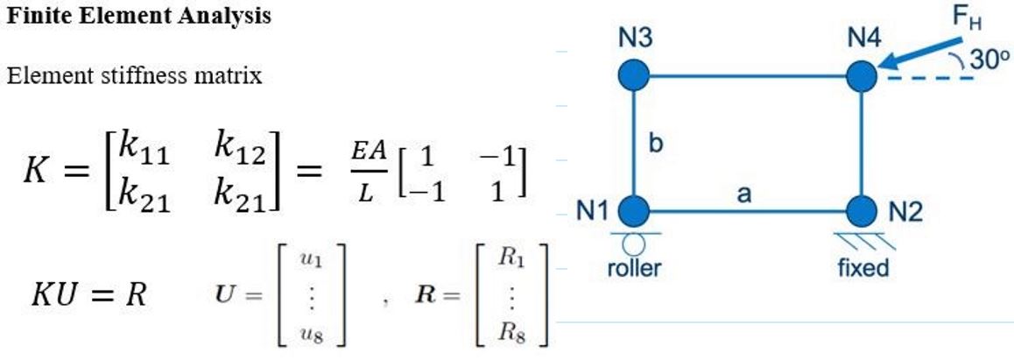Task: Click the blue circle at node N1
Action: point(633,212)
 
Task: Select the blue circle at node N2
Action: point(863,212)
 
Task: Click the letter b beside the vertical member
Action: point(655,143)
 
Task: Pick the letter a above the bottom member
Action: point(743,194)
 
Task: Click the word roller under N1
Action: point(634,267)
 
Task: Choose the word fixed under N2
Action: point(863,267)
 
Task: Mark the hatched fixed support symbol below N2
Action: point(863,238)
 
